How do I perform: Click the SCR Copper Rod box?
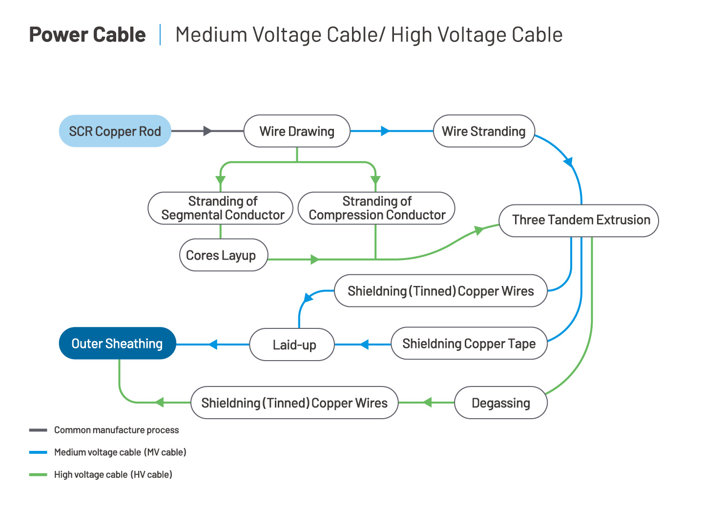[115, 131]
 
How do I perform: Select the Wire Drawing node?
[297, 131]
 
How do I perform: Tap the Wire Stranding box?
[484, 131]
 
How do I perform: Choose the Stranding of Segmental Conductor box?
[220, 208]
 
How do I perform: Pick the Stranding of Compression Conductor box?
[376, 208]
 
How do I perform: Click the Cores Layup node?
[224, 255]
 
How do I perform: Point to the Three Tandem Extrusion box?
[579, 221]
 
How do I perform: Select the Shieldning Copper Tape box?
[469, 344]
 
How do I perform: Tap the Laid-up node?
[292, 345]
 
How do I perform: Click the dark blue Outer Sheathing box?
[118, 344]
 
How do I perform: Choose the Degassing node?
[501, 403]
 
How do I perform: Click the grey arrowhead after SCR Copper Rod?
[207, 131]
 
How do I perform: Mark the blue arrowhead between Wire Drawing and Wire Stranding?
[385, 131]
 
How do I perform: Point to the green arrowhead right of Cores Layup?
[315, 260]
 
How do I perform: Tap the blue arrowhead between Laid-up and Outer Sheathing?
[213, 345]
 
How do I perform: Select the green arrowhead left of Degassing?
[427, 403]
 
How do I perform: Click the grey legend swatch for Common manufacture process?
[38, 430]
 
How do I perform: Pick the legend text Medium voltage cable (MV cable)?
[120, 452]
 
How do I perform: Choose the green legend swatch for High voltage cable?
[38, 474]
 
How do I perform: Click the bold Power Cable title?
[87, 34]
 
